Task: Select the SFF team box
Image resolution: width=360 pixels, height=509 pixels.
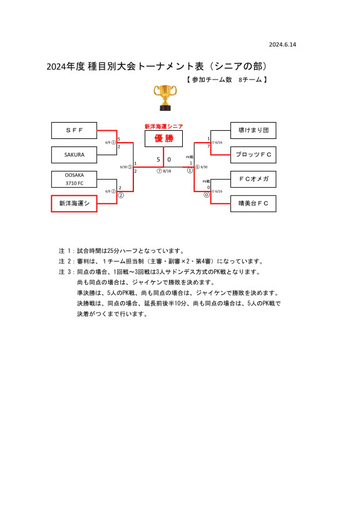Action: click(74, 130)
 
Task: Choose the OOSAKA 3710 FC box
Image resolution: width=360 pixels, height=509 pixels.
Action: click(74, 179)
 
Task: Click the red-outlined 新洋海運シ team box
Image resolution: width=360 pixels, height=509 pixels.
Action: click(74, 203)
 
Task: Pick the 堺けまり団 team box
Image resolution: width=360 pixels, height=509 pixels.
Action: click(254, 130)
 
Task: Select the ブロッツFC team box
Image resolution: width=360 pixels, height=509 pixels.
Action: click(254, 154)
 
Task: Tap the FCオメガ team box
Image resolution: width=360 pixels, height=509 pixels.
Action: click(254, 179)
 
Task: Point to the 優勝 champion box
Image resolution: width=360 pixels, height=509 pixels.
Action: click(164, 138)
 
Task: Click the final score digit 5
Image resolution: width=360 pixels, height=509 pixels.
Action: click(158, 160)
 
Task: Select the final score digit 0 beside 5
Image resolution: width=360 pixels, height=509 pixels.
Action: click(169, 160)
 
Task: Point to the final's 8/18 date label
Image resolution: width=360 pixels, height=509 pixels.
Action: click(167, 171)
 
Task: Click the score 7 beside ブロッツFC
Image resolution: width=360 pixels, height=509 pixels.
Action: click(208, 147)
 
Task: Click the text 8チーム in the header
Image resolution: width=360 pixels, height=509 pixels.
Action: click(250, 80)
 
